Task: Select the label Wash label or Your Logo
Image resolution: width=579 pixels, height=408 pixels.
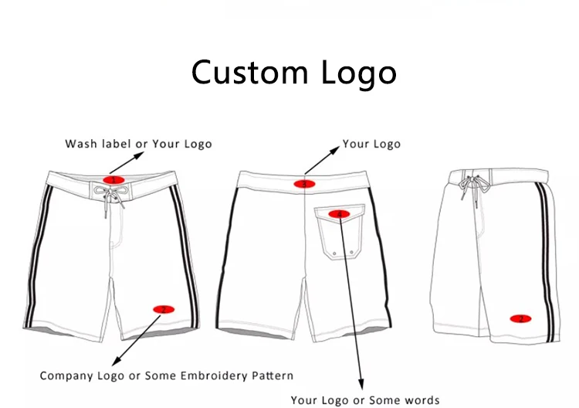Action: [x=138, y=144]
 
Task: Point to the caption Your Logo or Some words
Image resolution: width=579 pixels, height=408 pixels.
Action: [x=365, y=400]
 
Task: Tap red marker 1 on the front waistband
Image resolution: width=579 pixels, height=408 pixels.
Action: [x=113, y=180]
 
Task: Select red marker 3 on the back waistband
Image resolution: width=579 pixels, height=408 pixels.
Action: [x=304, y=184]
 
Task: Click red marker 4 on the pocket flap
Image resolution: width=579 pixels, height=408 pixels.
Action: [x=337, y=213]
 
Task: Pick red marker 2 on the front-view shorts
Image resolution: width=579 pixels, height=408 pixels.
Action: [x=163, y=309]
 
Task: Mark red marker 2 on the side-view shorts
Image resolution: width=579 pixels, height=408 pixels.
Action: [x=520, y=318]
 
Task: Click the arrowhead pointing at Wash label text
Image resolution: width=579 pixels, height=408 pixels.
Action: [x=143, y=154]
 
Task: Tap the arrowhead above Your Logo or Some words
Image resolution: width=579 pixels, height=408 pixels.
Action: [x=361, y=384]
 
